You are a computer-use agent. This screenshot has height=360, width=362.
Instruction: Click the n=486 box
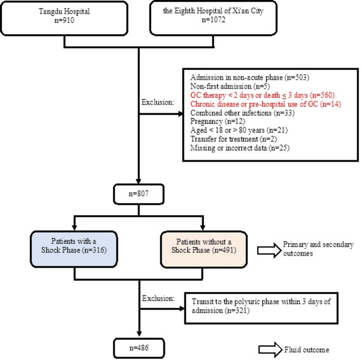click(138, 348)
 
